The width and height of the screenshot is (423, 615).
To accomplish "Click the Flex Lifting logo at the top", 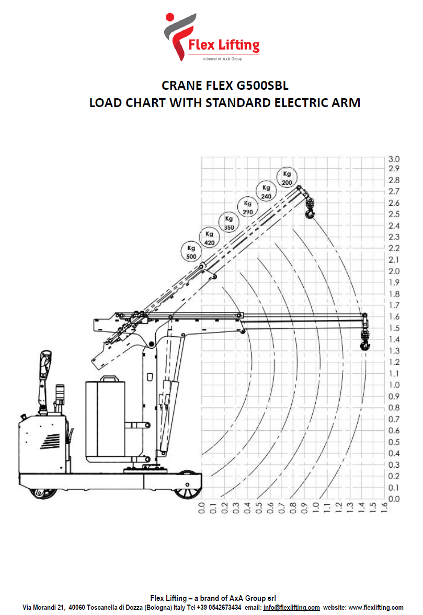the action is click(212, 37).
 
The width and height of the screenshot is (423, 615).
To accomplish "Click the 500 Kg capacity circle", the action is click(191, 252).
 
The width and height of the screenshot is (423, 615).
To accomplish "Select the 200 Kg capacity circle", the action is click(287, 178).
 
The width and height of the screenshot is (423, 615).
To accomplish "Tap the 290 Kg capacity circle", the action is click(247, 207).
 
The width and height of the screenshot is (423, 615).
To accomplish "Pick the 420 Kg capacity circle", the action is click(209, 238).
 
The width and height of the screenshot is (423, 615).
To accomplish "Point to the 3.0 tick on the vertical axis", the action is click(394, 159).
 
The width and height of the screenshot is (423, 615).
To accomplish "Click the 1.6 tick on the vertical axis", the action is click(394, 317).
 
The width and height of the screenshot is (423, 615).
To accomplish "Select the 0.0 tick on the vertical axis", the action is click(394, 499).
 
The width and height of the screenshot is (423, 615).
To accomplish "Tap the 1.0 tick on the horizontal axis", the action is click(316, 508).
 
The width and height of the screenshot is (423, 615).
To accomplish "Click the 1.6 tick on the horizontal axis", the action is click(384, 508).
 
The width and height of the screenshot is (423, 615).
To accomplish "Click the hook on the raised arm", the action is click(310, 208).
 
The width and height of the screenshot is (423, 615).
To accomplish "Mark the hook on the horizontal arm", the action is click(365, 340).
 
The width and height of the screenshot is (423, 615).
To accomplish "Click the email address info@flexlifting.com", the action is click(291, 608).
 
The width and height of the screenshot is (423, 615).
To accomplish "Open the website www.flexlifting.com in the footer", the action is click(376, 608).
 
